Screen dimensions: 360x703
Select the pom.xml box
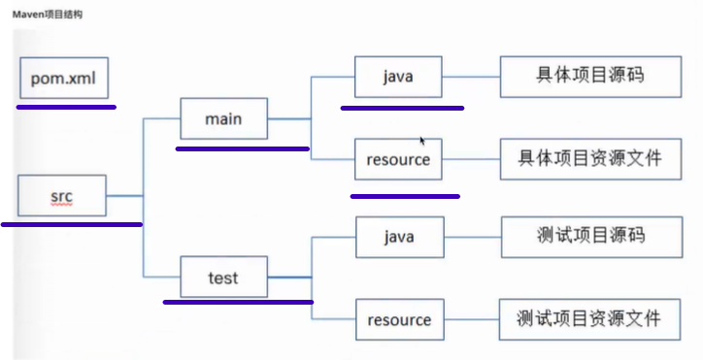[63, 76]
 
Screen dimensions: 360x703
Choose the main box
[223, 119]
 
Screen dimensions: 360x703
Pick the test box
[222, 278]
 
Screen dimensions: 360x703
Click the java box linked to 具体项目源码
[398, 76]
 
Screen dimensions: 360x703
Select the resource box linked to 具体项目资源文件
[398, 159]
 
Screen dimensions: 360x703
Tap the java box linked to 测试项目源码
[399, 237]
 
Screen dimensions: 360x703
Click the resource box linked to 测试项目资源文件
[399, 319]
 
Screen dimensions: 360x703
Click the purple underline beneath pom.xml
[66, 107]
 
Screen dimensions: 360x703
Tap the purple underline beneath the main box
[242, 149]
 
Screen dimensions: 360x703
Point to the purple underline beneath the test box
[237, 302]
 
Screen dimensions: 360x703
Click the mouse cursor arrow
[422, 141]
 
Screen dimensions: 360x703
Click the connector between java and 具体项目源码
[471, 76]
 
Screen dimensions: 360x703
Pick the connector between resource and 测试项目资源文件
[472, 319]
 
